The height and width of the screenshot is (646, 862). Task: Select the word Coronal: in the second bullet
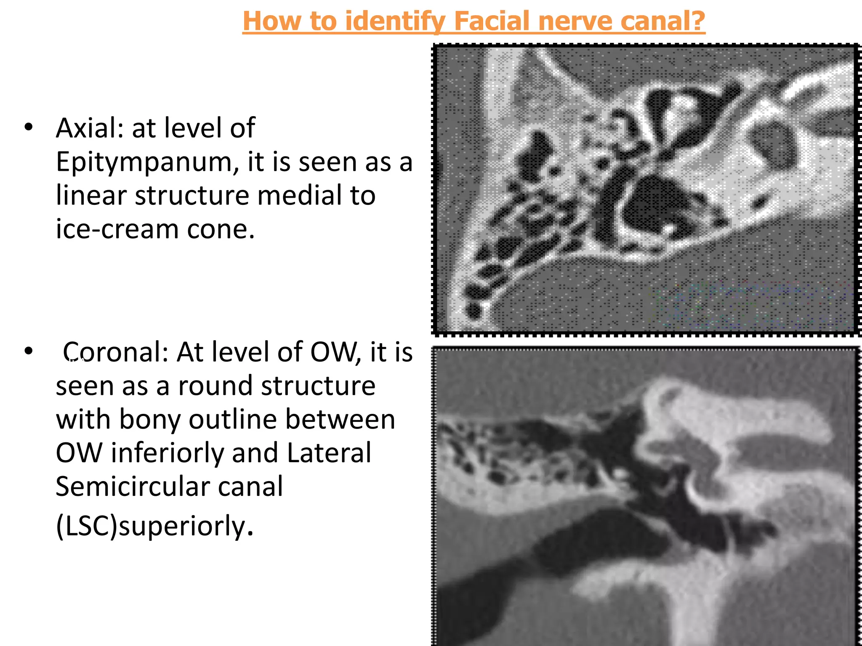(x=116, y=352)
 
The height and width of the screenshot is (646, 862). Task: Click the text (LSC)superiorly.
(x=154, y=526)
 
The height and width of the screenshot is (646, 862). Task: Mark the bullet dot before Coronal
(x=29, y=351)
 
